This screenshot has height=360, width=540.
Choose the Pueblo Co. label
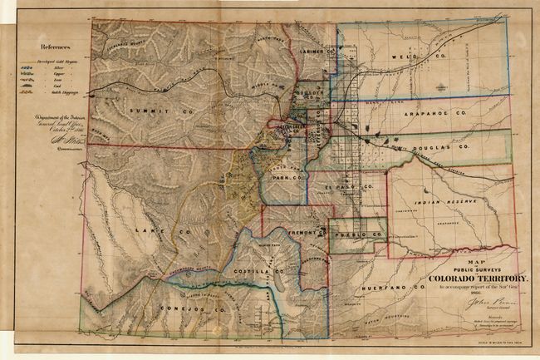(359, 234)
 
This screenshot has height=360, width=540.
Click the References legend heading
(56, 48)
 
